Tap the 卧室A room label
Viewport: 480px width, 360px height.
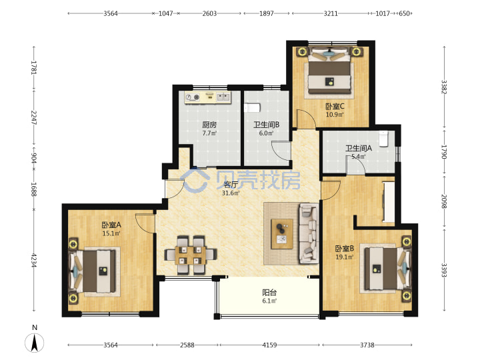pos(111,225)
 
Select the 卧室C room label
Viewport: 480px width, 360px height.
pos(335,106)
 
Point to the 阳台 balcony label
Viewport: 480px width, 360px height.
pos(269,293)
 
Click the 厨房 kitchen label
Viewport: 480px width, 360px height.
pos(209,125)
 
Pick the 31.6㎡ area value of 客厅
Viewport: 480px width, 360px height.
pos(231,193)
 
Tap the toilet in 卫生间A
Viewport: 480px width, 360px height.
pos(383,139)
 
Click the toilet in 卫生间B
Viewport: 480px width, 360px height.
pos(252,108)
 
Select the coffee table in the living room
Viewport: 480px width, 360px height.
pos(282,234)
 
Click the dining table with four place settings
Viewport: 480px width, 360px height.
pos(191,255)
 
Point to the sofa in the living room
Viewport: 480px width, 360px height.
pos(309,233)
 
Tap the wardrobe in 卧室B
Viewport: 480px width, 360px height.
pos(389,202)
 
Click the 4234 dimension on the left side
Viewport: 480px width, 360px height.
pos(34,260)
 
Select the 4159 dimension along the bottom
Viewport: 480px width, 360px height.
pos(269,345)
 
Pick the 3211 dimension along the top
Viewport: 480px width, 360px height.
pos(331,13)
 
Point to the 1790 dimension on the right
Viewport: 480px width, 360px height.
pos(444,152)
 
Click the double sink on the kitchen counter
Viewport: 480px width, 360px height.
pos(223,97)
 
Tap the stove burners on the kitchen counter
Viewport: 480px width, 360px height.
pos(193,97)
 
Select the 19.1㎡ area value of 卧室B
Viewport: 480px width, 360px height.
pos(345,257)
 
